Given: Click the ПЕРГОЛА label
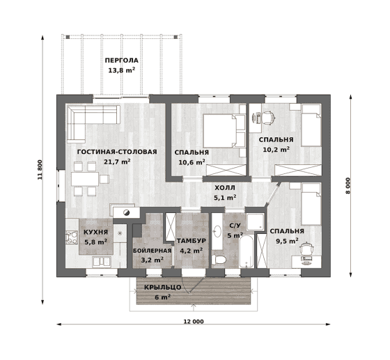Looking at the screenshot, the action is tap(121, 61).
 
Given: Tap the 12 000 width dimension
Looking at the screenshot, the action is tap(194, 322).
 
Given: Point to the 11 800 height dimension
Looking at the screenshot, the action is tap(40, 170).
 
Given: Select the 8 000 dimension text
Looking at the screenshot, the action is tap(348, 186).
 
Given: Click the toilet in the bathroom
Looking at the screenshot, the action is tap(219, 260).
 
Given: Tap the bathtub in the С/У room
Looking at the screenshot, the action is tap(247, 252).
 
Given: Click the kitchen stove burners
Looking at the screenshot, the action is tap(72, 237).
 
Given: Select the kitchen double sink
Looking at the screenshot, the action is tap(102, 262).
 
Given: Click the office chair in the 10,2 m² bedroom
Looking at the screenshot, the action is tap(268, 118).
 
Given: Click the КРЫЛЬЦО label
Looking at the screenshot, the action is tap(163, 288).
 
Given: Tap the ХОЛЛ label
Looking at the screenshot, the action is tap(225, 188).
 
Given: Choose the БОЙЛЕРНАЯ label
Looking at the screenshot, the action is tap(153, 251).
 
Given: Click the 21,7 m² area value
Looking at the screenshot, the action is tap(118, 162).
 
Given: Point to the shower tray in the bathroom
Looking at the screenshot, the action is tap(255, 221).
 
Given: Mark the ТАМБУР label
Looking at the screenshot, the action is tap(192, 241).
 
